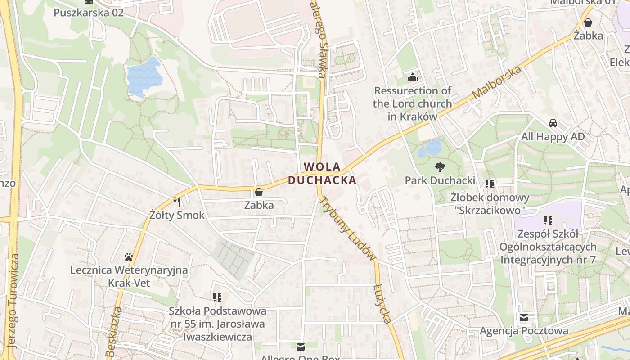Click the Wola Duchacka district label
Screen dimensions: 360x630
click(322, 173)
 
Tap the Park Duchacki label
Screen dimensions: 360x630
click(440, 180)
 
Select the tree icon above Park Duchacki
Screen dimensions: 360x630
click(440, 167)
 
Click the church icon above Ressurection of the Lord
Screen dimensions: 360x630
click(412, 77)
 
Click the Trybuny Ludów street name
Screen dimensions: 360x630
click(347, 228)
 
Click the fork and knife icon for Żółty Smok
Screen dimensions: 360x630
click(177, 202)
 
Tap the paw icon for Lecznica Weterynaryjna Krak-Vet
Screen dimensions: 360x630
click(129, 257)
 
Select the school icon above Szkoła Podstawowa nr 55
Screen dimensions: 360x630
click(218, 297)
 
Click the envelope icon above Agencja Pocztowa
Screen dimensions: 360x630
click(524, 318)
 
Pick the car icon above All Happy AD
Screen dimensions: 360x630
click(553, 123)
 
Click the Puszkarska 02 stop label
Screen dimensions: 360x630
click(89, 12)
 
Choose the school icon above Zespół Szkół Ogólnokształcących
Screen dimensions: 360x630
click(548, 220)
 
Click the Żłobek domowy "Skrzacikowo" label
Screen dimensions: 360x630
click(490, 203)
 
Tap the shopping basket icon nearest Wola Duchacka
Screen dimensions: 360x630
click(259, 193)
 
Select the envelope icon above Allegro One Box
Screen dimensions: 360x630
click(300, 346)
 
